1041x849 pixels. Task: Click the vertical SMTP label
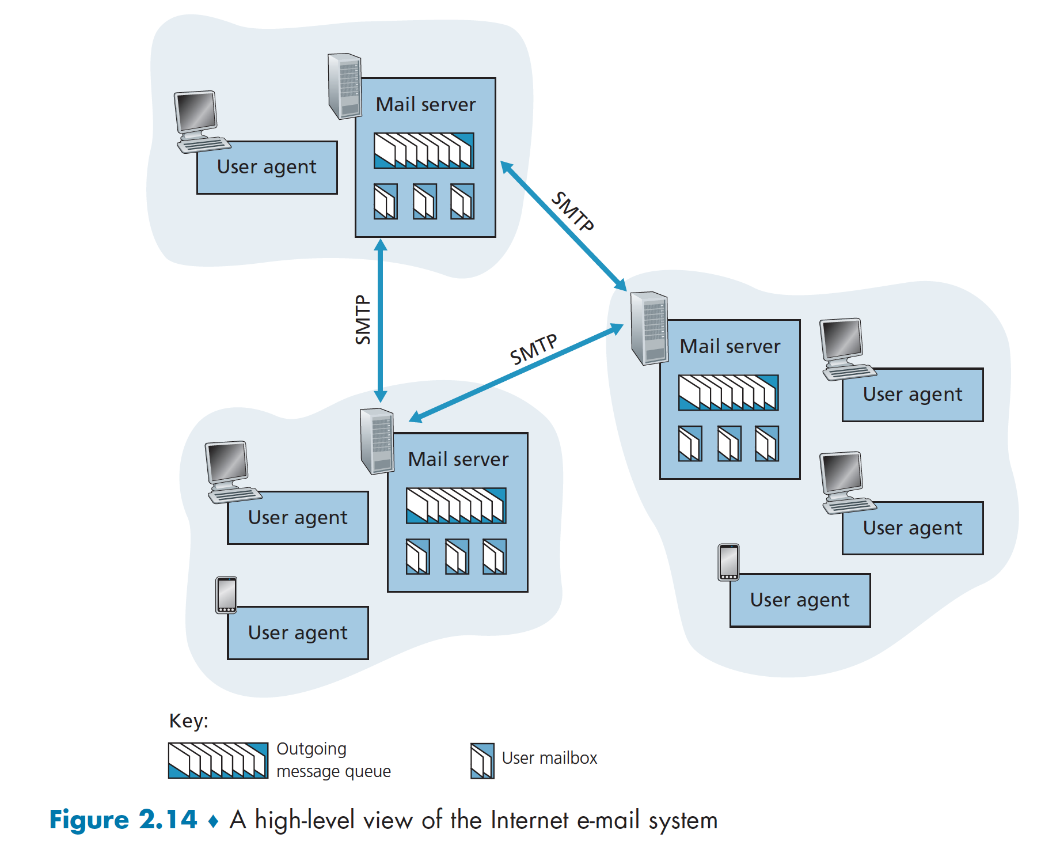(x=363, y=320)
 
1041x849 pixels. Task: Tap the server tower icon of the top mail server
(x=344, y=86)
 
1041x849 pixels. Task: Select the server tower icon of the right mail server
(x=648, y=328)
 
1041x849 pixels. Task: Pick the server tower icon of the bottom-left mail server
(x=377, y=441)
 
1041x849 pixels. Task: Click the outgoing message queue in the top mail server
(x=424, y=151)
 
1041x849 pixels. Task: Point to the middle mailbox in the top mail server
(x=425, y=202)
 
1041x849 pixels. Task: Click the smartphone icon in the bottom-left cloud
(x=226, y=595)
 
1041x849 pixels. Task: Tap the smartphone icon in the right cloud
(x=728, y=562)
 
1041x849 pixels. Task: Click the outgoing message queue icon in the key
(x=218, y=760)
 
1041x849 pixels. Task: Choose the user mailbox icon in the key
(x=482, y=761)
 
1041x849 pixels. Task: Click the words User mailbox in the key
(x=549, y=758)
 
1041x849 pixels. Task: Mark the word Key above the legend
(x=188, y=721)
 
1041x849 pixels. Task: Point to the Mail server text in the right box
(x=730, y=347)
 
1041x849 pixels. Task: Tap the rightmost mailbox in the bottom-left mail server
(x=495, y=556)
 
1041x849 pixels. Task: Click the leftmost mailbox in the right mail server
(x=690, y=444)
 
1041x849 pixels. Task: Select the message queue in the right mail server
(x=728, y=393)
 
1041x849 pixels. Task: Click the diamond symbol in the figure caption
(x=213, y=821)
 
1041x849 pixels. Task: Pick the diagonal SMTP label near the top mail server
(x=572, y=211)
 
